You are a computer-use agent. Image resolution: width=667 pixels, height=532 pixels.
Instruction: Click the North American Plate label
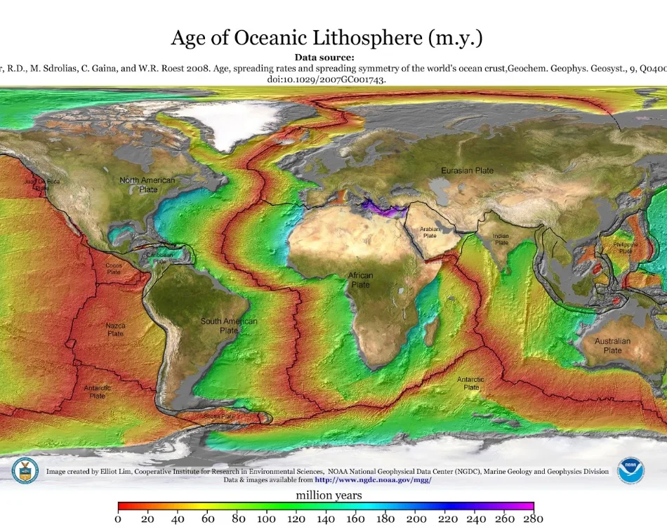147,185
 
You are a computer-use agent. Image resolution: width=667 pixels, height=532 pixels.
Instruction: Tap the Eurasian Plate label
467,171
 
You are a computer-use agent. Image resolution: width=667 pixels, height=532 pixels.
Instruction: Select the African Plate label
361,280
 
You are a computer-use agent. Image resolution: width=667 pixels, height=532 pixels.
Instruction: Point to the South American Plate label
229,326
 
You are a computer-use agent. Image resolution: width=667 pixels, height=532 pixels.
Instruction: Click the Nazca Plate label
115,330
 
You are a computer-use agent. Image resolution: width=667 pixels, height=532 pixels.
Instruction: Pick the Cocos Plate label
113,268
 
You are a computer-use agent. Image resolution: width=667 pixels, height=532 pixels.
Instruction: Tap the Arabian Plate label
428,232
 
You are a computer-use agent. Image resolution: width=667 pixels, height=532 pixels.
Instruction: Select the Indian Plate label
501,239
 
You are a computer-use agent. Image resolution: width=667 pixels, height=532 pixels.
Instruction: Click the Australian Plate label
612,345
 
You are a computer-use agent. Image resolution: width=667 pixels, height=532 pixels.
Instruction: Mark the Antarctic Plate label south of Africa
470,383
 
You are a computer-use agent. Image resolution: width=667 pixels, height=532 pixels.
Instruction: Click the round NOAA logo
630,471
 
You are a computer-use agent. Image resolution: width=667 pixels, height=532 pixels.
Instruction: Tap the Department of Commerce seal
25,471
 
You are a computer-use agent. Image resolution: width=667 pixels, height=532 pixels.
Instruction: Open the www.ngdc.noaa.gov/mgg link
372,480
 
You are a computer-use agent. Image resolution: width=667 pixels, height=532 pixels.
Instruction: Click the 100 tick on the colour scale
266,519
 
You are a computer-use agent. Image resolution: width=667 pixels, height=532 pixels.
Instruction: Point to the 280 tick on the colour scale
533,519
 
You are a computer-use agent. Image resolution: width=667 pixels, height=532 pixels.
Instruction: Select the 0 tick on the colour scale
118,519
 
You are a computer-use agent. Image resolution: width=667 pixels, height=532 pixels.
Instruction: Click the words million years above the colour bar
329,496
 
